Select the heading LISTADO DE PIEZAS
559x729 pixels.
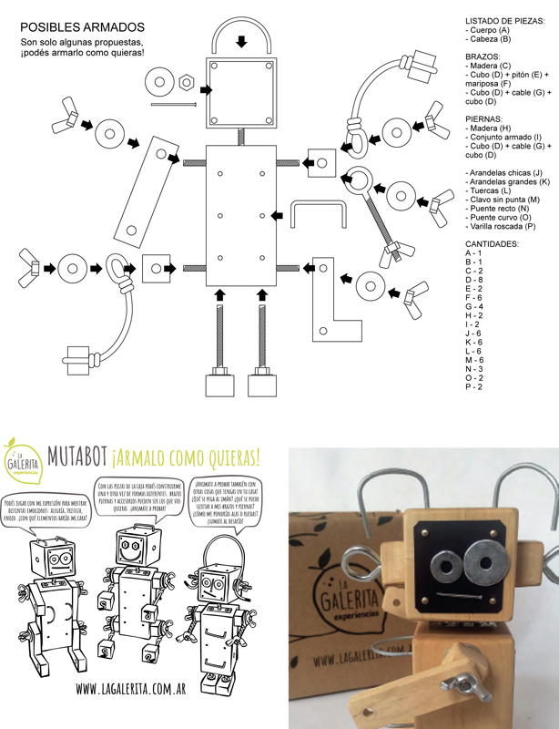[505, 21]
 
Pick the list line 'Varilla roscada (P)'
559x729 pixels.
[504, 225]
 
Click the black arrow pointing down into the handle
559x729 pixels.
[240, 41]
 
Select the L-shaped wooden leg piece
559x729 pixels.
[330, 300]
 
